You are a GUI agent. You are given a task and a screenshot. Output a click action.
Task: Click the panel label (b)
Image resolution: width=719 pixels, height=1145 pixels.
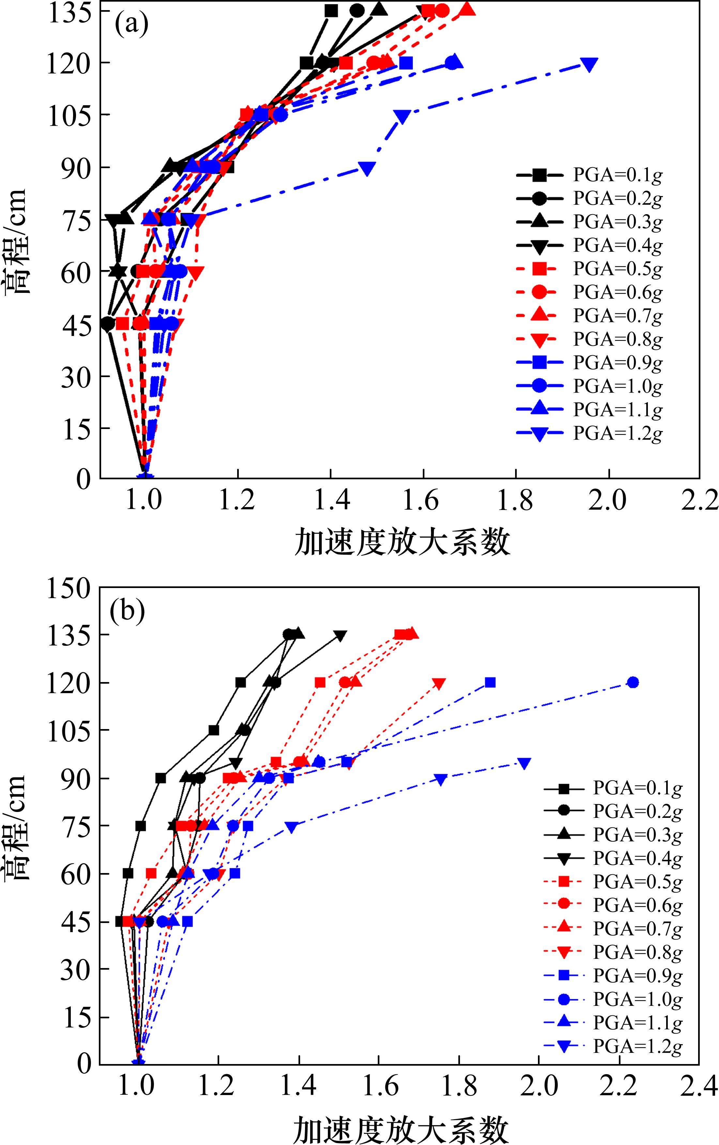coord(127,612)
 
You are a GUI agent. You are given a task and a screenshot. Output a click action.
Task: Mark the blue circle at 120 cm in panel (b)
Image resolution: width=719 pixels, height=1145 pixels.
coord(633,683)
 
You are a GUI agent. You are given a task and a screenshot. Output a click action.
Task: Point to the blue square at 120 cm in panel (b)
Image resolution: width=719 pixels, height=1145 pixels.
coord(490,683)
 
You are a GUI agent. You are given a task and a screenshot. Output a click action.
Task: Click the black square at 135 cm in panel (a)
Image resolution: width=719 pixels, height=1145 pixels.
coord(331,10)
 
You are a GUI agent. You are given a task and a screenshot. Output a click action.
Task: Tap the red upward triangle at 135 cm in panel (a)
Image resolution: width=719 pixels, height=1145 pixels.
coord(467,9)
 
